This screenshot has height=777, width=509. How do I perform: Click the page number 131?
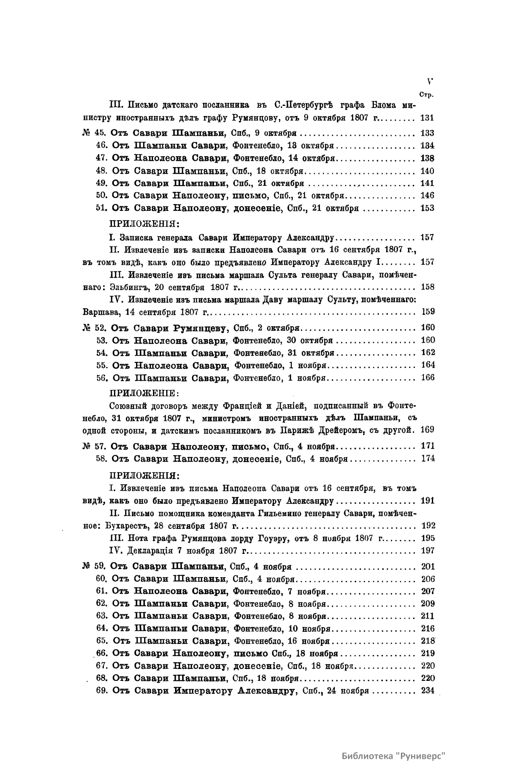pos(427,117)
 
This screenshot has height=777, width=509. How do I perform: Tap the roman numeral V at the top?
pos(430,82)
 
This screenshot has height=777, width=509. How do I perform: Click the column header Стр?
pos(426,95)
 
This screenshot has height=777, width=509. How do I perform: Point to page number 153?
pos(427,208)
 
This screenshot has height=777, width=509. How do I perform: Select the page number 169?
pos(428,430)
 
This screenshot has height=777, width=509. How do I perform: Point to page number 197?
pos(428,550)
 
